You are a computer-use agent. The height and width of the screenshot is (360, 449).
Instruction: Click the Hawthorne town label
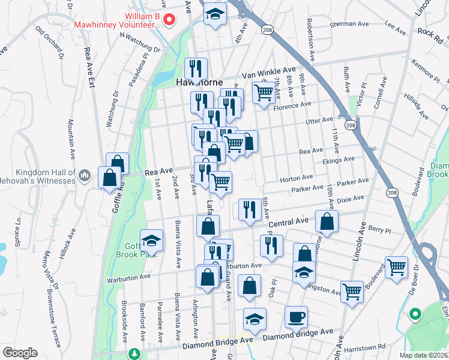coord(199,83)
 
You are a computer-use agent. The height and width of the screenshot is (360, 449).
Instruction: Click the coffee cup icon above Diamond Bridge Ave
coord(295,317)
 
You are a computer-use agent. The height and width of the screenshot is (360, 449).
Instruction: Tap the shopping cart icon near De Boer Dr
coord(396,268)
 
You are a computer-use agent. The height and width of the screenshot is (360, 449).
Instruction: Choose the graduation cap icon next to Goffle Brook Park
coord(151,241)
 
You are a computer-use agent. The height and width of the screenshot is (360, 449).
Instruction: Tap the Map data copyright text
coord(423,355)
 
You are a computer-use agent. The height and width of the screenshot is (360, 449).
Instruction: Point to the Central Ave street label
coord(288,223)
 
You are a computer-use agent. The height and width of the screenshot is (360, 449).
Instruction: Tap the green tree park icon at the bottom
coord(136,355)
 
